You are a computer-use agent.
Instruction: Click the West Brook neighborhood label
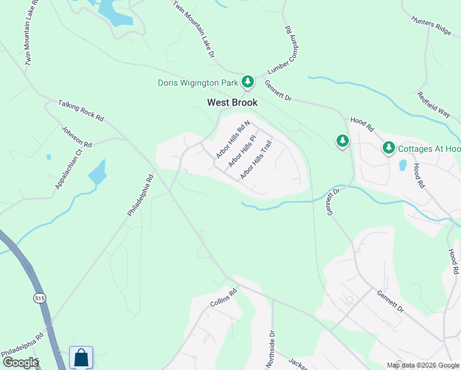click(x=232, y=102)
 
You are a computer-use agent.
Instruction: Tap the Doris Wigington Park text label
click(x=198, y=83)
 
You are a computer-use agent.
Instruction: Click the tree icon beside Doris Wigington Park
click(x=248, y=81)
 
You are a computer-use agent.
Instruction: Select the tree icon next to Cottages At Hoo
click(x=388, y=148)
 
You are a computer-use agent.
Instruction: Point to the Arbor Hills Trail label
click(x=256, y=160)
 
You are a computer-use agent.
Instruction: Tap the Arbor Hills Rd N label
click(x=233, y=139)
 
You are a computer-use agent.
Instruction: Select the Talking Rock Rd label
click(x=81, y=110)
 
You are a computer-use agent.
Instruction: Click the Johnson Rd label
click(x=76, y=136)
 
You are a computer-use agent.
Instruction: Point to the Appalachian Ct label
click(x=68, y=169)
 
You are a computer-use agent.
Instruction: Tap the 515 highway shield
click(x=39, y=297)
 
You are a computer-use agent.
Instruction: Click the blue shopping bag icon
click(x=81, y=357)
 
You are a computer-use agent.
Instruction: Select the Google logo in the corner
click(x=20, y=363)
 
